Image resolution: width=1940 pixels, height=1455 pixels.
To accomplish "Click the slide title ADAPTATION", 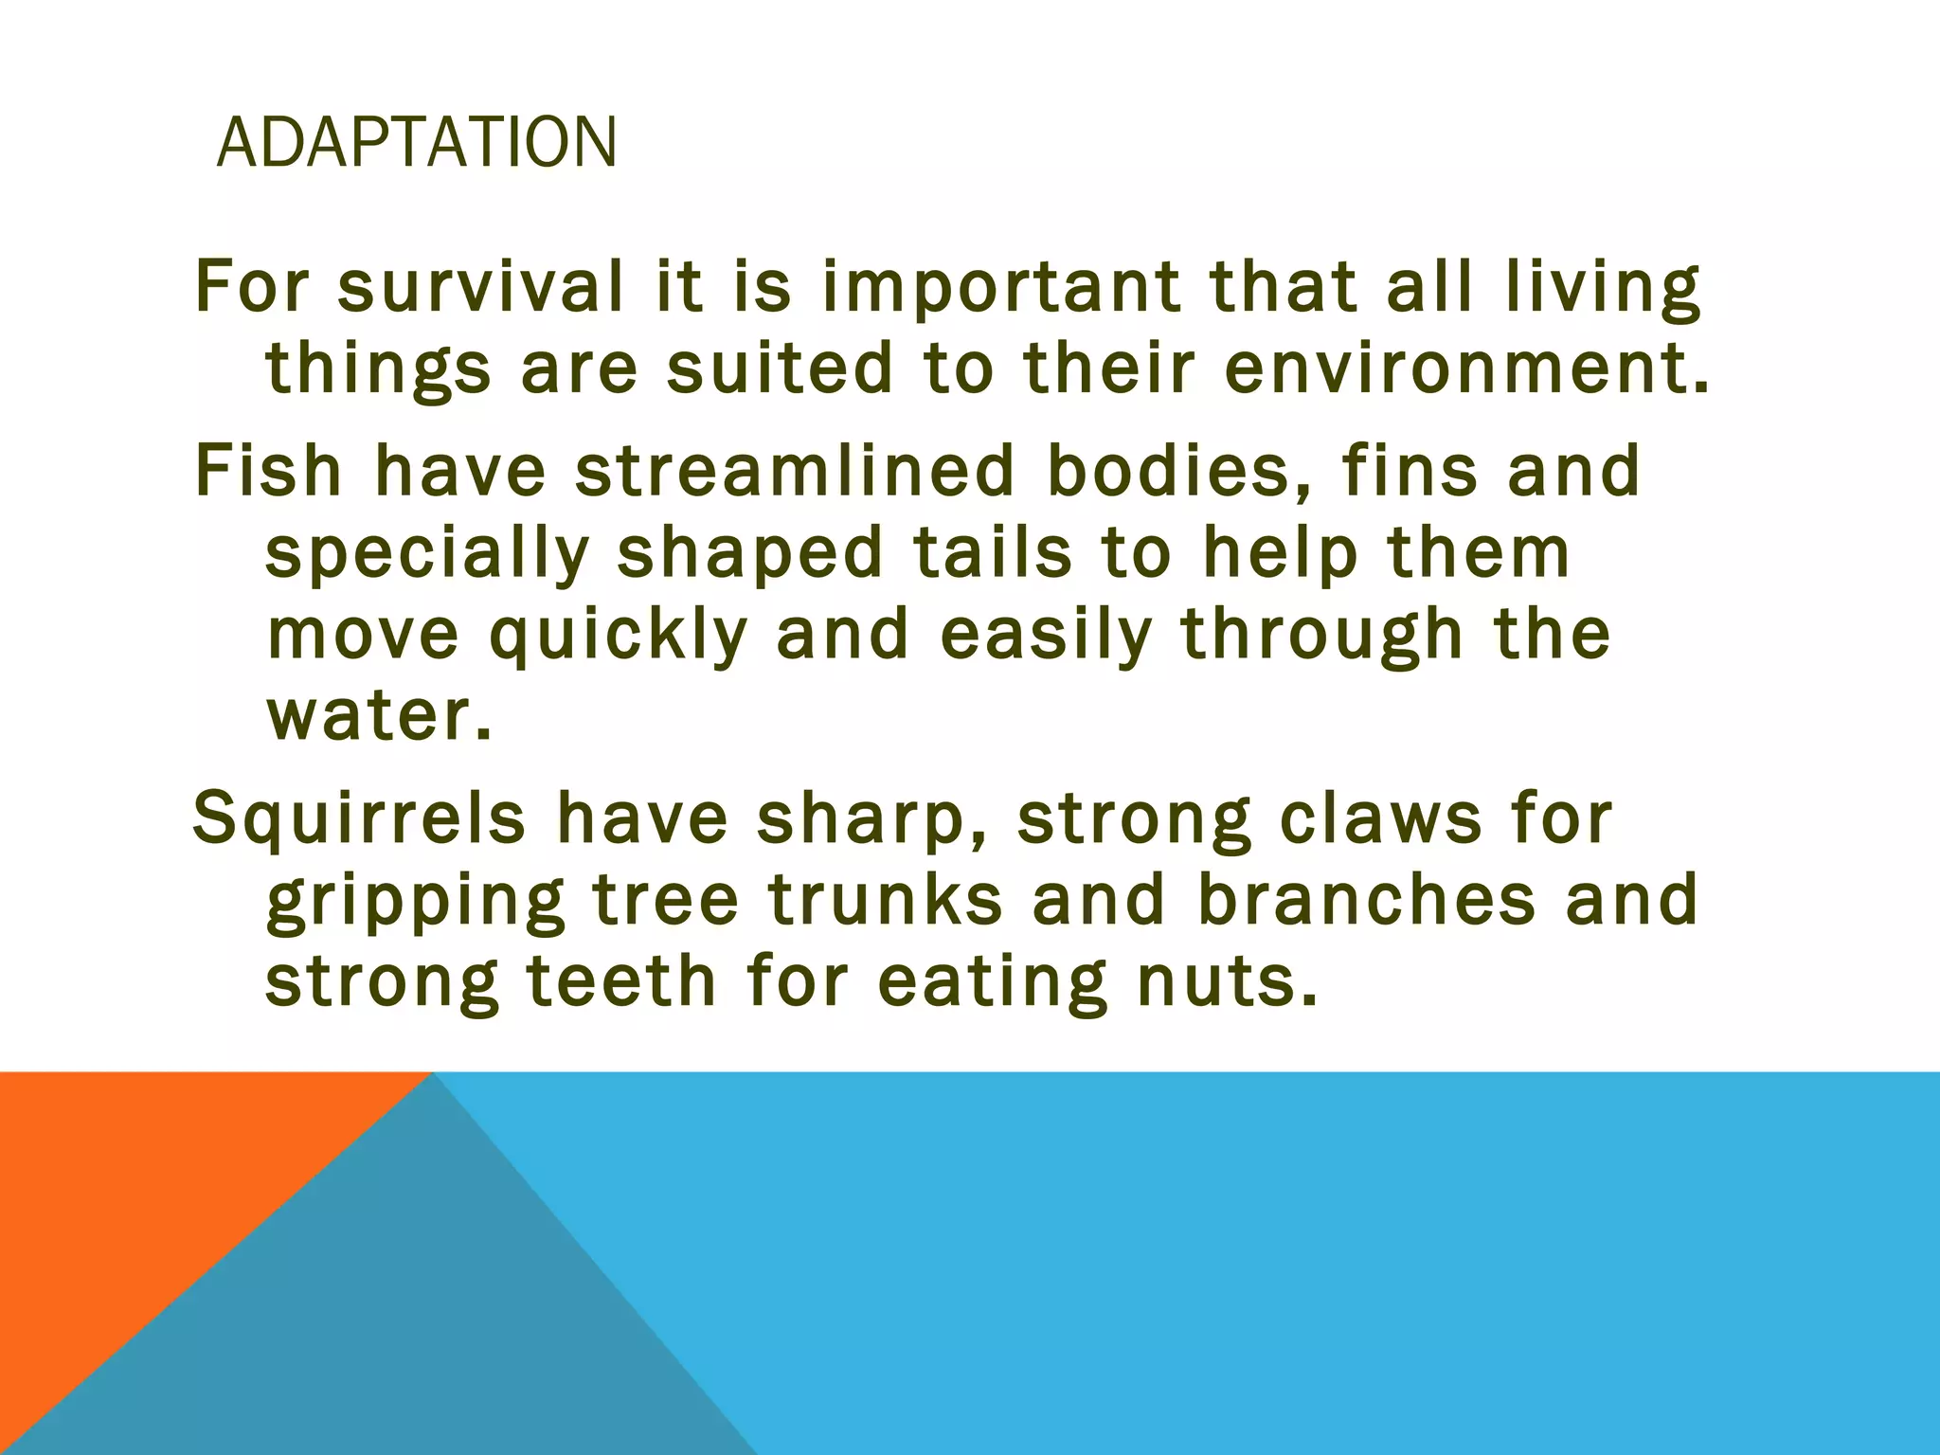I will tap(417, 142).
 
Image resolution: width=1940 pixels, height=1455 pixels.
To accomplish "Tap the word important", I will tap(1000, 289).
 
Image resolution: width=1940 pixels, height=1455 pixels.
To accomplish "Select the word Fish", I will tap(268, 470).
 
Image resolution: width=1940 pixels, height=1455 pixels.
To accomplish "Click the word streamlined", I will tap(795, 470).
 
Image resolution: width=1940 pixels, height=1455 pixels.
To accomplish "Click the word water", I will tap(379, 716).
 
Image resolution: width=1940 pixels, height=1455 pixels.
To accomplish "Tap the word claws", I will tap(1379, 818).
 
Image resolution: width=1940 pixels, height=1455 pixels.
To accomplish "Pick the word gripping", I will tap(415, 903).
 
